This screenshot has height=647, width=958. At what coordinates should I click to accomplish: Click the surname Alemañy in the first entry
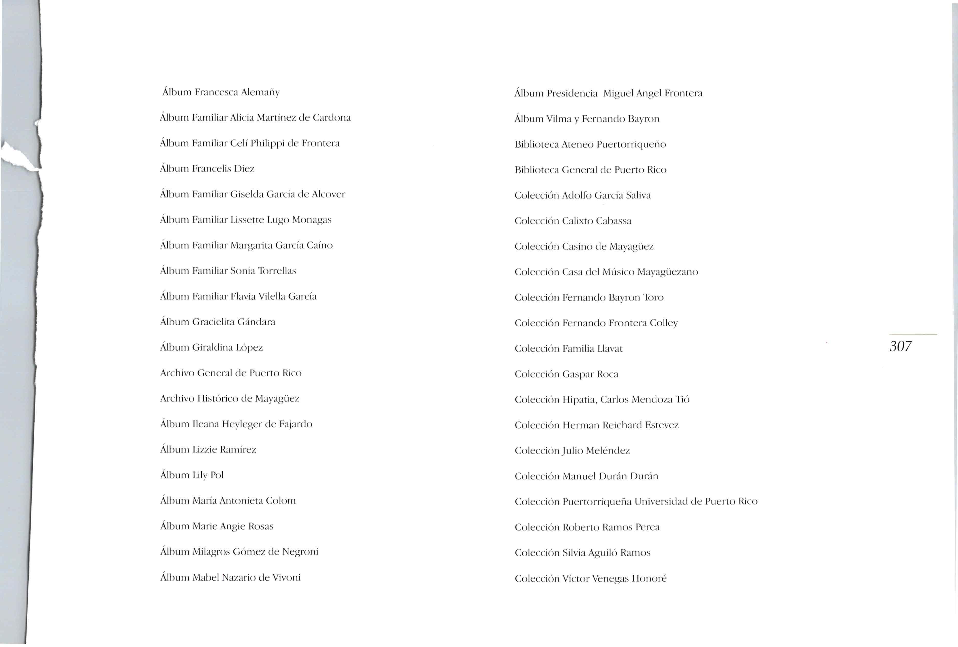tap(260, 92)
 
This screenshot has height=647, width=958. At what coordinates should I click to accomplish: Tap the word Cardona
tap(332, 118)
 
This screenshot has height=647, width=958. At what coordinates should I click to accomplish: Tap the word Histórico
tap(217, 398)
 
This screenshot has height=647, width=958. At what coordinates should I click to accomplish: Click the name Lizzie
tap(204, 450)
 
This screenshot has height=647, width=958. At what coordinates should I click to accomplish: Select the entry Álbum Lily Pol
tap(192, 475)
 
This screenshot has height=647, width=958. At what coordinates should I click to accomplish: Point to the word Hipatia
tap(580, 400)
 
